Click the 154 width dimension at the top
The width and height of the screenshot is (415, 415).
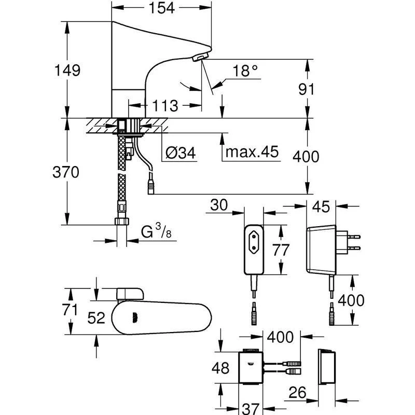click(161, 7)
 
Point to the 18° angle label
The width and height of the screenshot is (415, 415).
click(244, 72)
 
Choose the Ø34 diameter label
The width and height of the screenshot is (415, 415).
click(181, 153)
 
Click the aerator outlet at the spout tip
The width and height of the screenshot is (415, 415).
click(200, 58)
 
